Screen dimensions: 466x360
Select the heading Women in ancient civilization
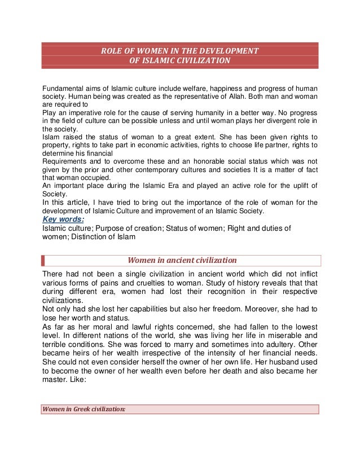182,261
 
